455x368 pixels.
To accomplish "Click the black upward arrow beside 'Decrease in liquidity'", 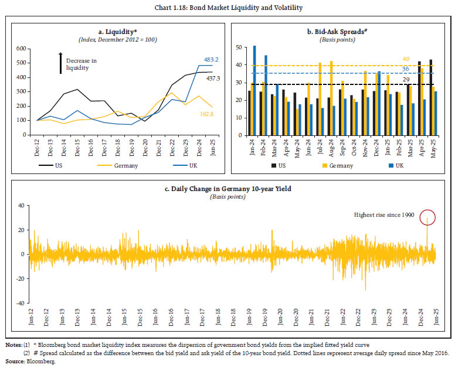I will [x=60, y=63].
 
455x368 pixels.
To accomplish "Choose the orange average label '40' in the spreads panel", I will [x=406, y=59].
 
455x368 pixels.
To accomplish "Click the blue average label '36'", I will [x=406, y=69].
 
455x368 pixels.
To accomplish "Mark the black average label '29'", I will [x=406, y=79].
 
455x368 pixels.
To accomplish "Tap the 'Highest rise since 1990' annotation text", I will [x=384, y=215].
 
